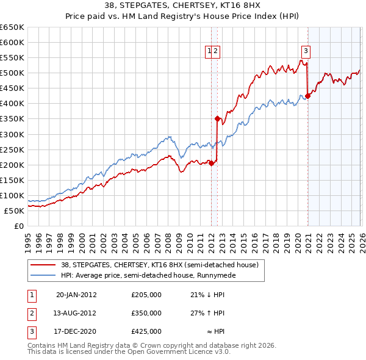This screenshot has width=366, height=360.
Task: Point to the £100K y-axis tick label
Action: coord(12,195)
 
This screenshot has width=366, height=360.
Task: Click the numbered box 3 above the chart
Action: coord(305,51)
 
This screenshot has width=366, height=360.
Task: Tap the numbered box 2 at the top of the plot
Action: coord(216,51)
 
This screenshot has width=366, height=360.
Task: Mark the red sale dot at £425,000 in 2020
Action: coord(308,96)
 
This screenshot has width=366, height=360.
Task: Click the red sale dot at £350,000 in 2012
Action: coord(217,118)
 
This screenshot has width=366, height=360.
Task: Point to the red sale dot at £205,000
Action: coord(211,163)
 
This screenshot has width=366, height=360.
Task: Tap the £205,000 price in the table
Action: coord(146,295)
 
